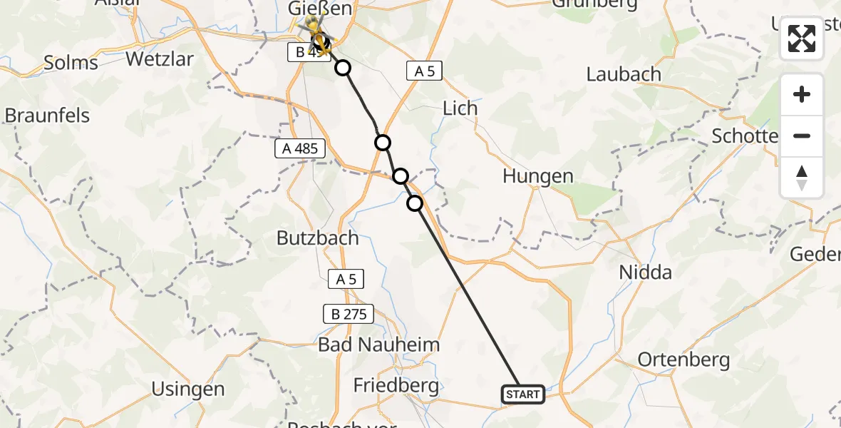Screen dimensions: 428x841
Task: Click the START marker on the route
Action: pos(524,394)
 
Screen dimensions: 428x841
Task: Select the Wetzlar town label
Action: pos(160,58)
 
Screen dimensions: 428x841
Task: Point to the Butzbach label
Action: pos(317,238)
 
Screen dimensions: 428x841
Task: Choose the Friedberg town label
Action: pos(396,385)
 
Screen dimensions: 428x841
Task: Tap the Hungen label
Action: pos(537,176)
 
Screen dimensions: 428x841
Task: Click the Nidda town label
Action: pos(646,272)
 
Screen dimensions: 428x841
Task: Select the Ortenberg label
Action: pos(683,360)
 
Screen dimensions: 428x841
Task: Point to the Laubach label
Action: pos(624,74)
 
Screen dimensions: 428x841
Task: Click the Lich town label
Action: pos(460,108)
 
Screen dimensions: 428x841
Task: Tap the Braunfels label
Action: pos(47,116)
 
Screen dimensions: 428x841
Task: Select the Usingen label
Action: pos(188,389)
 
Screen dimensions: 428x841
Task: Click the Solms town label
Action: pos(71,63)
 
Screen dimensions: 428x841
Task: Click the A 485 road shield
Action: pos(300,148)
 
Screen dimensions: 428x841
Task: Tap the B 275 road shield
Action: pos(347,313)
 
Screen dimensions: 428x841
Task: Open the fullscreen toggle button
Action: pos(802,39)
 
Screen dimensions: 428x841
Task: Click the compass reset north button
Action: pos(802,178)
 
